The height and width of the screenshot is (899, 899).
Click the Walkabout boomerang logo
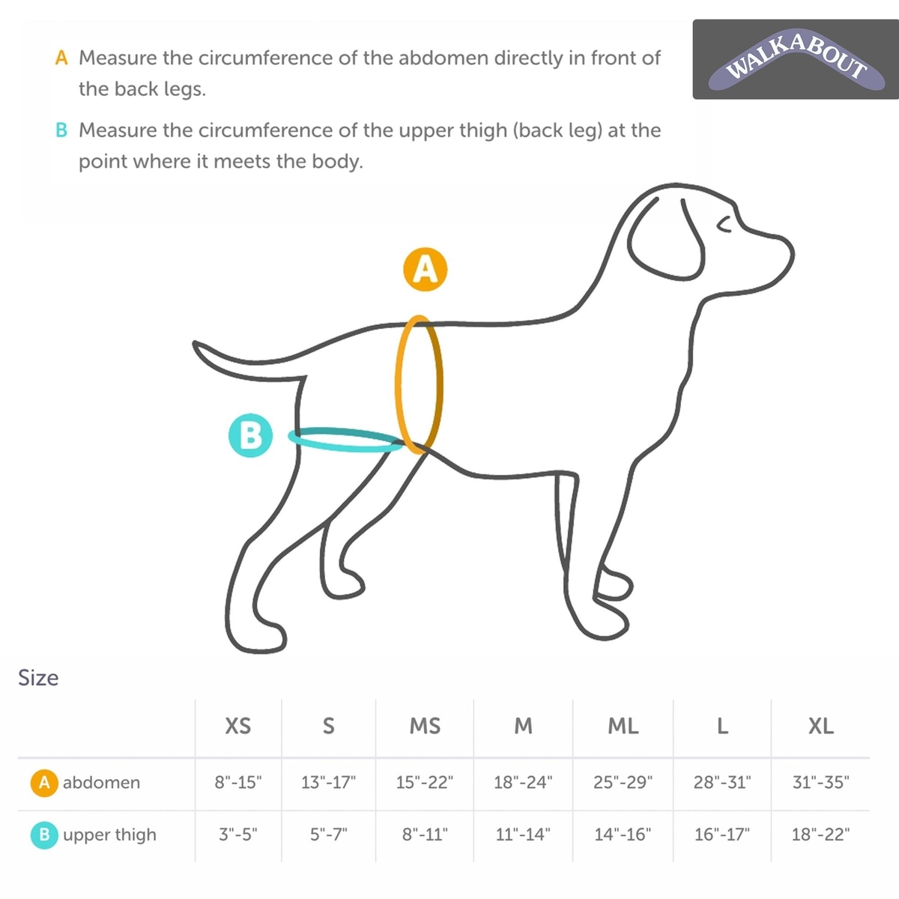click(796, 59)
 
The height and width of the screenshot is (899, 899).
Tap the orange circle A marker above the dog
click(425, 270)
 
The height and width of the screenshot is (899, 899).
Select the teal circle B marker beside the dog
click(250, 435)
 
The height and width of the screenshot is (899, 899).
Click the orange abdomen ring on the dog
click(398, 385)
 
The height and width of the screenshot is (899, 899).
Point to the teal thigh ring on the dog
click(345, 448)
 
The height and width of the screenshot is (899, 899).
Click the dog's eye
click(724, 225)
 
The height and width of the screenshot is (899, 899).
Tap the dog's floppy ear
click(666, 239)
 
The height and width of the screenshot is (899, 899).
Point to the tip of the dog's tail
click(195, 343)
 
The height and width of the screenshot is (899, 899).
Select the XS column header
click(238, 726)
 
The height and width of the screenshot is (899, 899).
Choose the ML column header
click(623, 726)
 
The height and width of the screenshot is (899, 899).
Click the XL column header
click(820, 726)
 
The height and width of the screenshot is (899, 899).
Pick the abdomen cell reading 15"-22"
click(425, 782)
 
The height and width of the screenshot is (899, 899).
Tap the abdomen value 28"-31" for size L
click(722, 782)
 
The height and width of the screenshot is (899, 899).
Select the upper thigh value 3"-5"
click(238, 834)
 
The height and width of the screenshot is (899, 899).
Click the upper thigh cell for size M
click(523, 834)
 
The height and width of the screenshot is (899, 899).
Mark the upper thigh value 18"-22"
click(820, 834)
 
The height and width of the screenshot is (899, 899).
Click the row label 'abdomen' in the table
click(101, 782)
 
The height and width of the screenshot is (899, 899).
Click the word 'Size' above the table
click(38, 678)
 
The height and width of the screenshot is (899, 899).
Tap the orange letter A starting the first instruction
click(61, 58)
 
